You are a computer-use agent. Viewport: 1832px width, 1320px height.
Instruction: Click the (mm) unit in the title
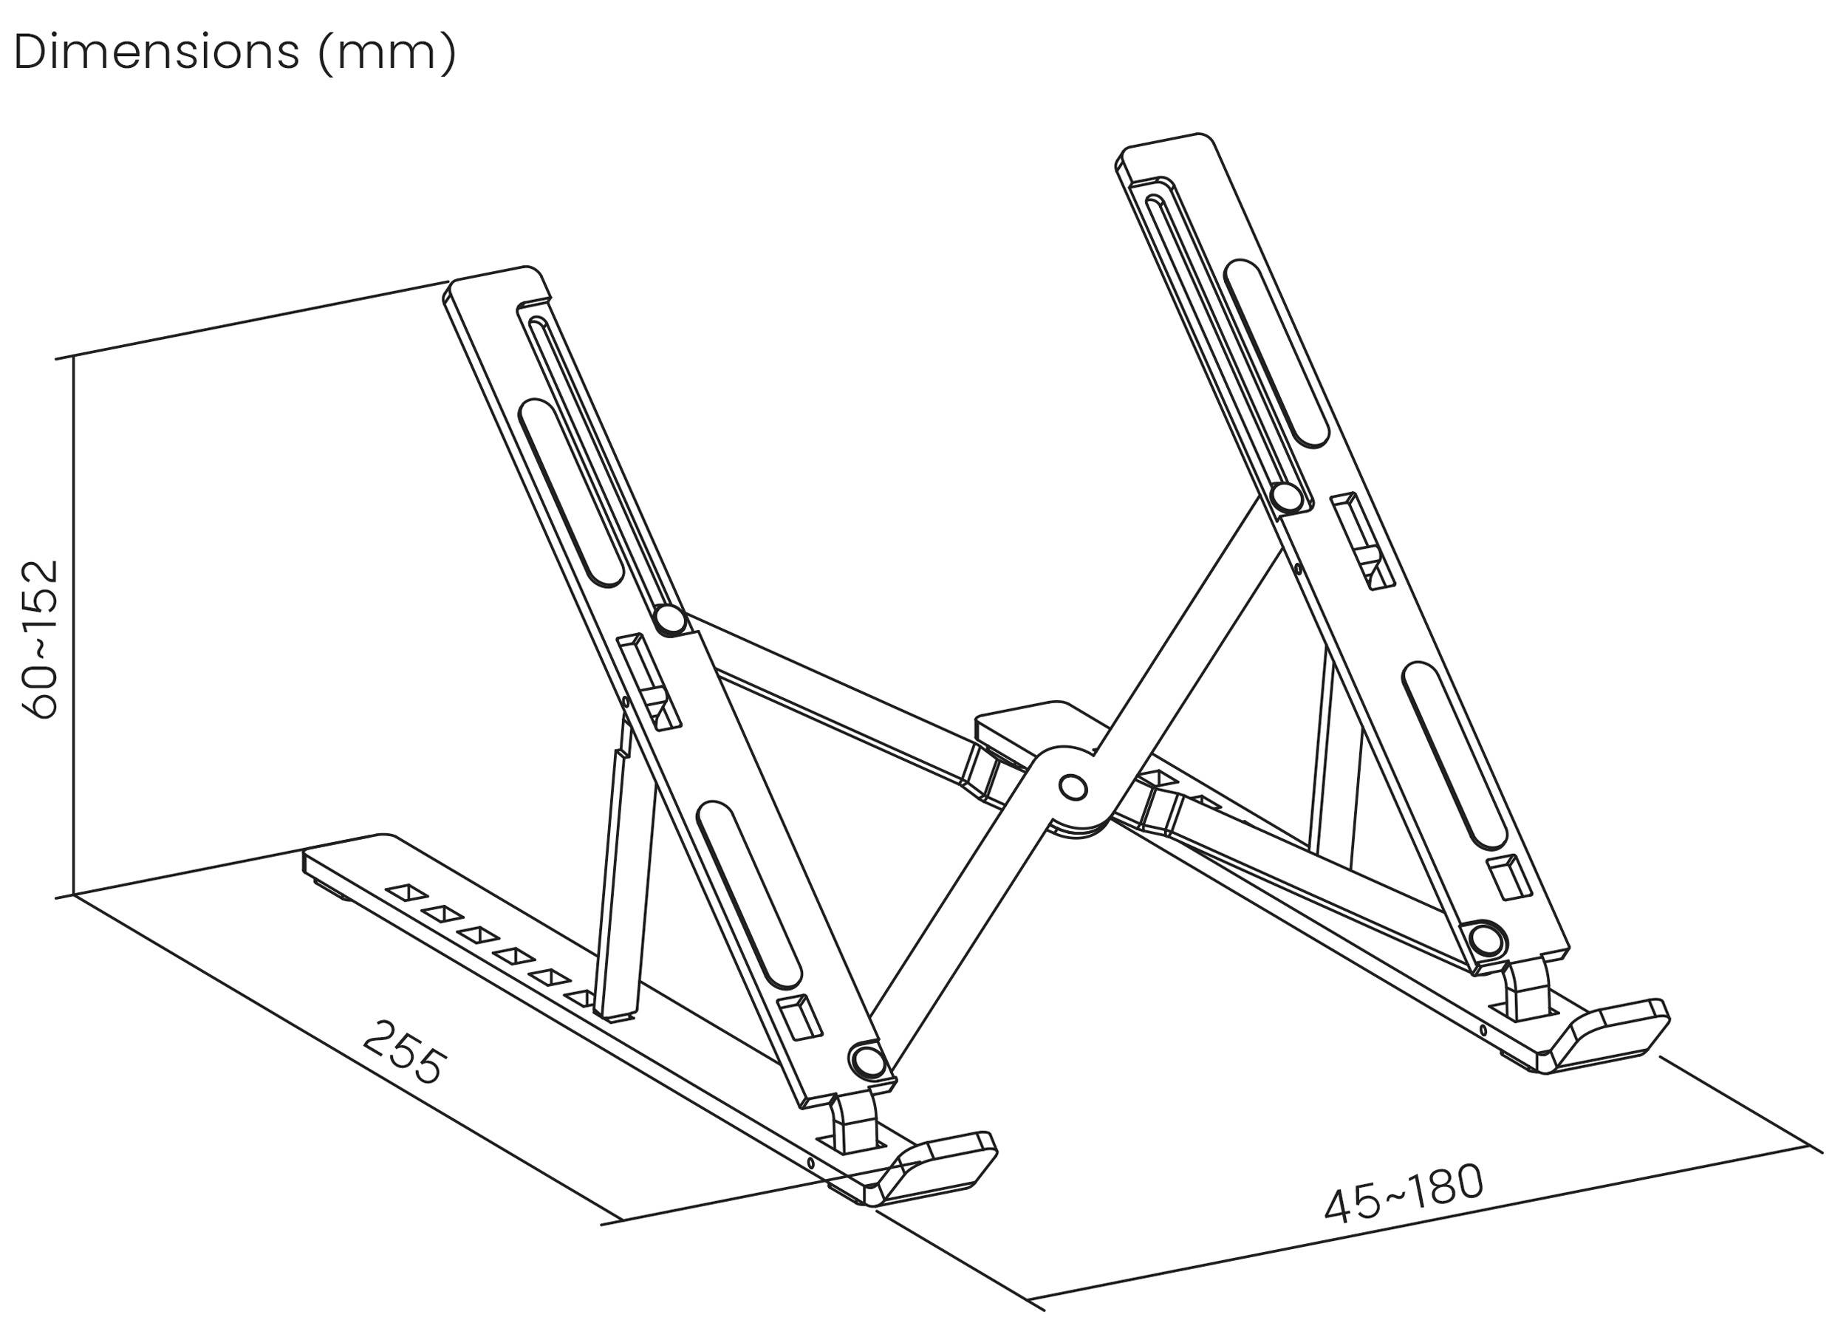tap(387, 53)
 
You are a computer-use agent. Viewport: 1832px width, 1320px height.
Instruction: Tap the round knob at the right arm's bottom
tap(1486, 940)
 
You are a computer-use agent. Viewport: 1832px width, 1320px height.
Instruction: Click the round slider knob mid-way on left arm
tap(669, 620)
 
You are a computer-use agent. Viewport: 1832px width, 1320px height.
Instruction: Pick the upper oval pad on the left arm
tap(570, 493)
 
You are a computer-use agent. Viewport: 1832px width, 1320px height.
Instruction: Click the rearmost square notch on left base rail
tap(406, 892)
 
